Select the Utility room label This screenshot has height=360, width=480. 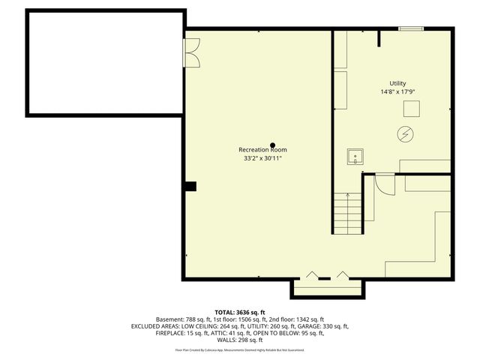click(x=397, y=83)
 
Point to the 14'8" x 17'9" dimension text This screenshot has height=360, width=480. click(x=397, y=92)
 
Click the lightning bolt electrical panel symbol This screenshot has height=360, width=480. click(x=405, y=134)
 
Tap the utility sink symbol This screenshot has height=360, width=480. click(x=355, y=157)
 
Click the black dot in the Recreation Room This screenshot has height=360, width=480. click(x=273, y=144)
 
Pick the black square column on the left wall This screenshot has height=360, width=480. click(x=190, y=186)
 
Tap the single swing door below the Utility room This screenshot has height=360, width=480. click(x=384, y=184)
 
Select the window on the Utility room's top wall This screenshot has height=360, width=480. click(x=410, y=29)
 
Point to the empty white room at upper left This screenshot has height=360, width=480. click(x=105, y=64)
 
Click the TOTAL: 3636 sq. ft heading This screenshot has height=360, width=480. click(x=240, y=312)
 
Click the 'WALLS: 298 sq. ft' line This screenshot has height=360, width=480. click(x=240, y=340)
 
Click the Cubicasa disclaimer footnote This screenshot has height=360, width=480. click(x=240, y=349)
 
